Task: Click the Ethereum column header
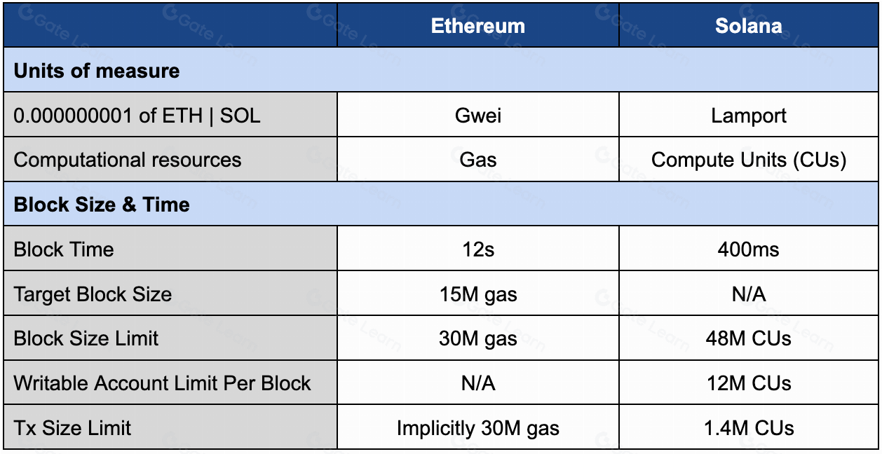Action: tap(477, 26)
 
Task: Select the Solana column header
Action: tap(749, 26)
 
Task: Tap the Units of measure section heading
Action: tap(97, 71)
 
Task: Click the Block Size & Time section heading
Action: tap(102, 205)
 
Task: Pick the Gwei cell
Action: tap(477, 115)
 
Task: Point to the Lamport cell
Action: tap(749, 115)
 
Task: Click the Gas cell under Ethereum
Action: tap(477, 160)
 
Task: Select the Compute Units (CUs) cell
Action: tap(749, 160)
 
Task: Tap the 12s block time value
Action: tap(477, 249)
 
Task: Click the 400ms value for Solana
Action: tap(749, 249)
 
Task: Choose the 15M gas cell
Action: tap(477, 294)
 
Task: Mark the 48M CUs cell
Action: tap(749, 339)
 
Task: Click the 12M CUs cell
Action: tap(749, 383)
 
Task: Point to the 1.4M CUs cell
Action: tap(749, 428)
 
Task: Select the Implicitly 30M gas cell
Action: tap(477, 428)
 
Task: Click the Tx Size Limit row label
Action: tap(72, 428)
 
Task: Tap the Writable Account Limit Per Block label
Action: tap(162, 383)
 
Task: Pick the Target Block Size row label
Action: tap(93, 294)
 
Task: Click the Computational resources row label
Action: tap(128, 160)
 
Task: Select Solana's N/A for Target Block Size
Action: tap(749, 294)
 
